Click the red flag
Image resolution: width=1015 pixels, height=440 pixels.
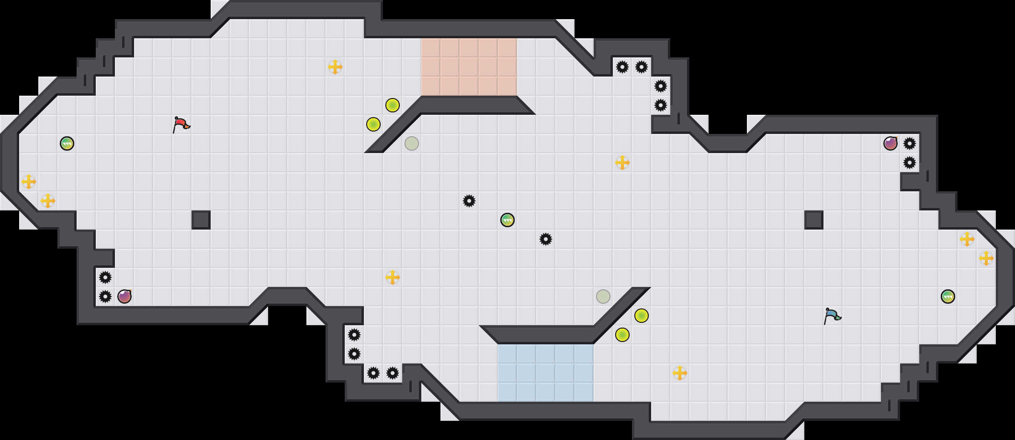pos(181,124)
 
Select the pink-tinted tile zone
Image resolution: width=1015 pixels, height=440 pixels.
pos(469,67)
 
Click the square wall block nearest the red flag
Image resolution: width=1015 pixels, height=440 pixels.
pos(201,220)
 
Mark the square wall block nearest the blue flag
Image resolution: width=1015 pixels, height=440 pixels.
pos(813,220)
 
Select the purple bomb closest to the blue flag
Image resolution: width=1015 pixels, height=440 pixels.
pos(890,143)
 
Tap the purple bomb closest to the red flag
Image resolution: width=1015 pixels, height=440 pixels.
pos(124,297)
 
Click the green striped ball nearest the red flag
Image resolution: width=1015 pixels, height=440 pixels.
pos(67,143)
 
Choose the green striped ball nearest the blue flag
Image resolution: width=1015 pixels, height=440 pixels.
pos(947,297)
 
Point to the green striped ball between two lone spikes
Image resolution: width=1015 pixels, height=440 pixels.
pos(507,220)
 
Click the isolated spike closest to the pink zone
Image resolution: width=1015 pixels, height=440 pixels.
pos(469,201)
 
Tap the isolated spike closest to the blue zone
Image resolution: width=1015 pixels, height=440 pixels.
pos(545,239)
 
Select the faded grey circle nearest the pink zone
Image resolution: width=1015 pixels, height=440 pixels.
pos(411,143)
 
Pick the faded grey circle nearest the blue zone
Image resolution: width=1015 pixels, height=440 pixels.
pos(603,297)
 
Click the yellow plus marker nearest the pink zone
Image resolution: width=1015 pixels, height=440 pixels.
pos(335,67)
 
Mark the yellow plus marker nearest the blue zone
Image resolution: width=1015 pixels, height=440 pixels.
pos(679,373)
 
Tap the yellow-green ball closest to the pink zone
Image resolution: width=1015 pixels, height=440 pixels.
pos(392,105)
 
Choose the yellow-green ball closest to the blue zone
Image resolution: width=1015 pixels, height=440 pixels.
pos(622,335)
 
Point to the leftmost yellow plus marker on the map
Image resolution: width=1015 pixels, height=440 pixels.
pos(29,182)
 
